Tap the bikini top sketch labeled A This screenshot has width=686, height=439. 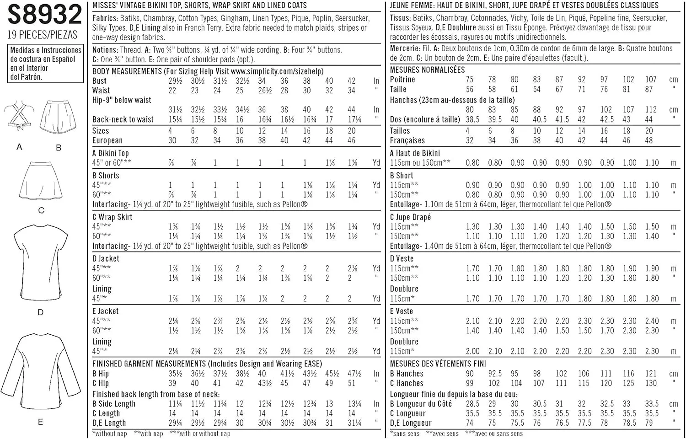click(19, 116)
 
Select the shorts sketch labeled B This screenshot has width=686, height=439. click(58, 117)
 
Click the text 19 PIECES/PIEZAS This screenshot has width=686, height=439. click(43, 34)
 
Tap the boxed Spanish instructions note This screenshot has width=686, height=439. click(45, 63)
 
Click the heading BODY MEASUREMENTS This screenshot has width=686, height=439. click(127, 71)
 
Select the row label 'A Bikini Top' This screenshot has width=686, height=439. click(111, 153)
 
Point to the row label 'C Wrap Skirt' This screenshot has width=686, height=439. click(113, 217)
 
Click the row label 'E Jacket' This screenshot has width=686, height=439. click(106, 311)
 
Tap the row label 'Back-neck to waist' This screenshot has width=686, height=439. click(123, 119)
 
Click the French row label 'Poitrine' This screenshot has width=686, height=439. click(402, 79)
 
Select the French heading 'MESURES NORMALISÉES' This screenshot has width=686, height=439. click(427, 70)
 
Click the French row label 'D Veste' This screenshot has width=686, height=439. click(402, 258)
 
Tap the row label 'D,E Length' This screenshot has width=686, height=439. click(109, 423)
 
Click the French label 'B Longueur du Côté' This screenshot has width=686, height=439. click(421, 404)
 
